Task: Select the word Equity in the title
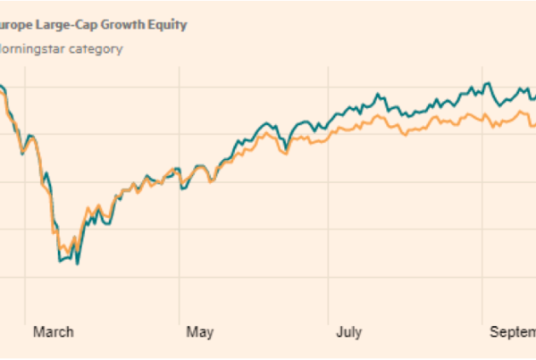(x=170, y=25)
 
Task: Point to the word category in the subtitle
(x=96, y=48)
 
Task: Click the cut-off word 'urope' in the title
(x=17, y=25)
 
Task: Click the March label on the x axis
(x=54, y=332)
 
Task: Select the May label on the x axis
(x=200, y=332)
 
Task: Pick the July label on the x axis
(x=348, y=332)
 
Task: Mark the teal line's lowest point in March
(x=78, y=264)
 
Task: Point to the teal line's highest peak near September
(x=488, y=84)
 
